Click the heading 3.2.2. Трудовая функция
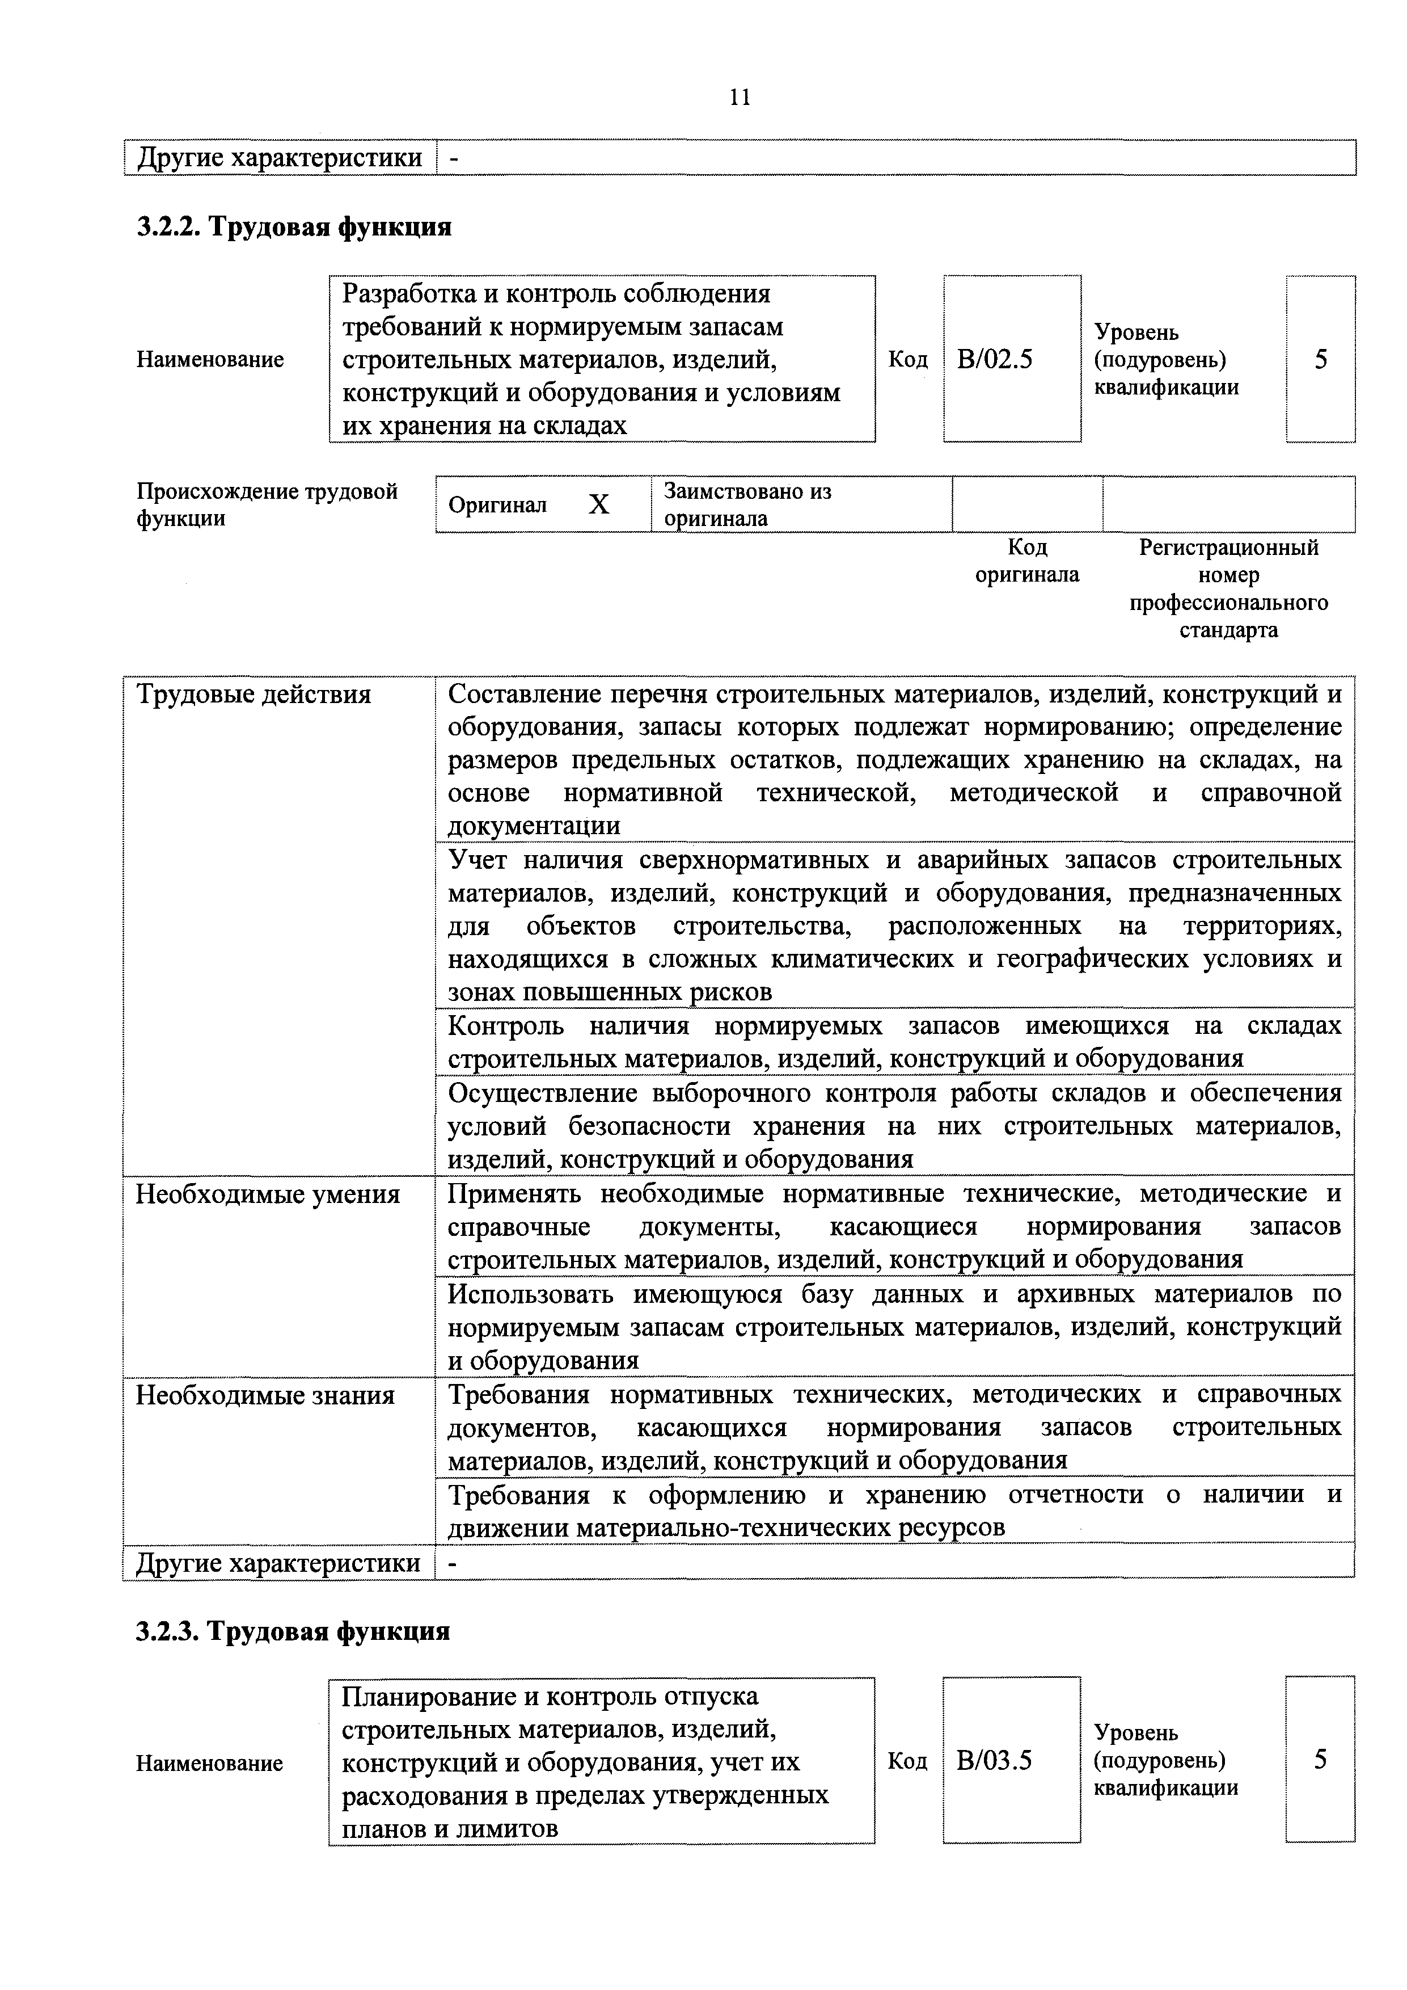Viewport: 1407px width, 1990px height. pyautogui.click(x=294, y=227)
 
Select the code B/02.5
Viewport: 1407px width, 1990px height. pyautogui.click(x=995, y=359)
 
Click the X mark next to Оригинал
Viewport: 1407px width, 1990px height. pyautogui.click(x=599, y=504)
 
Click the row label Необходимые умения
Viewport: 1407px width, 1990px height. pyautogui.click(x=268, y=1194)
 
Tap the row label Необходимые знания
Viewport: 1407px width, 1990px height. pyautogui.click(x=265, y=1395)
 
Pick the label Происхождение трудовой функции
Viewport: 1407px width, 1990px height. pyautogui.click(x=267, y=504)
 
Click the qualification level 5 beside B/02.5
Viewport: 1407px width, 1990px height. pyautogui.click(x=1320, y=359)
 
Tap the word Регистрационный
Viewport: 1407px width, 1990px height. pyautogui.click(x=1228, y=548)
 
